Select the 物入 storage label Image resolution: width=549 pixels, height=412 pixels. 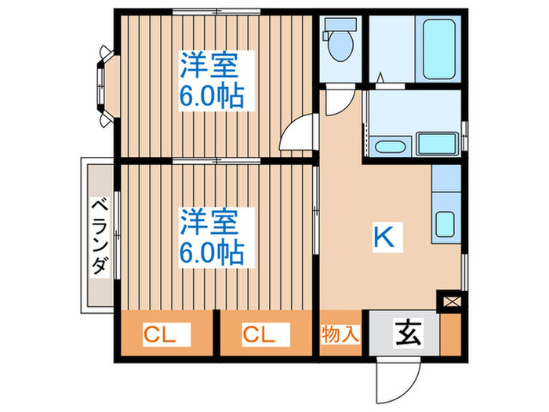[340, 334]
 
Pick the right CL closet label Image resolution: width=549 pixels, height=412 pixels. [259, 335]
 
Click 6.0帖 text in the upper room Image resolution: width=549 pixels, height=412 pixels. [211, 97]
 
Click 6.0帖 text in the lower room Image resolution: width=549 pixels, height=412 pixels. [211, 252]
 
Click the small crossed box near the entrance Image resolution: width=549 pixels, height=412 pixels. [453, 300]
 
